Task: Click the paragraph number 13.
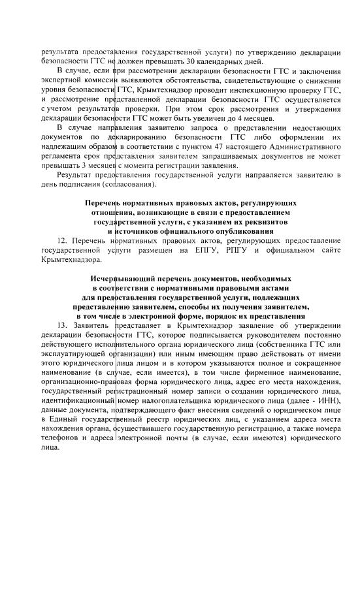62,326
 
